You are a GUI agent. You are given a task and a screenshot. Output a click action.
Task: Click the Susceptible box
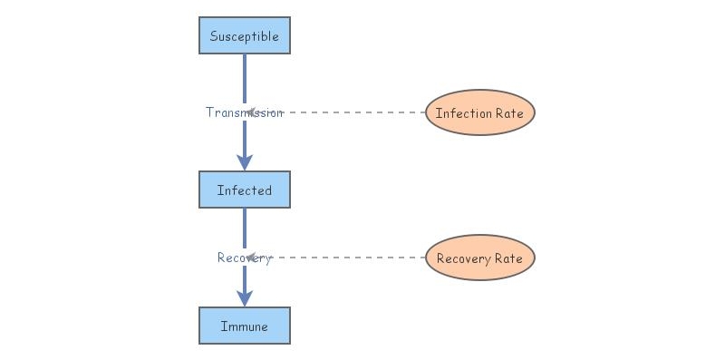click(245, 36)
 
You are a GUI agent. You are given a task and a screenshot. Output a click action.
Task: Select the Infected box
click(245, 190)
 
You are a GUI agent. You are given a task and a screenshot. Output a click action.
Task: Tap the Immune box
click(245, 326)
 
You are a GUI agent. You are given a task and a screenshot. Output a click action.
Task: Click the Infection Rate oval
click(480, 113)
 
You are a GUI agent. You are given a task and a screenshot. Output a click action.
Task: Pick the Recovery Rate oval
click(480, 258)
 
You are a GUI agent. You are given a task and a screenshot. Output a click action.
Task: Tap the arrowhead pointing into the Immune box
click(245, 298)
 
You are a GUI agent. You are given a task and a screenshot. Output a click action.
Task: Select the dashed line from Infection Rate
click(353, 112)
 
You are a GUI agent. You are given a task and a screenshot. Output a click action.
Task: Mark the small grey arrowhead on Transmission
click(251, 112)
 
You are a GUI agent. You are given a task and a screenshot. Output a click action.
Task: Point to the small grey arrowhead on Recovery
click(251, 258)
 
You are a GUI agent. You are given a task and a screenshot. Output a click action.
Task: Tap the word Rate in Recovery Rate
click(508, 258)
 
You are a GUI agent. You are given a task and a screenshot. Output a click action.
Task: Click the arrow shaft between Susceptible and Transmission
click(245, 77)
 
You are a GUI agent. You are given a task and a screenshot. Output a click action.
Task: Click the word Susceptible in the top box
click(245, 36)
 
